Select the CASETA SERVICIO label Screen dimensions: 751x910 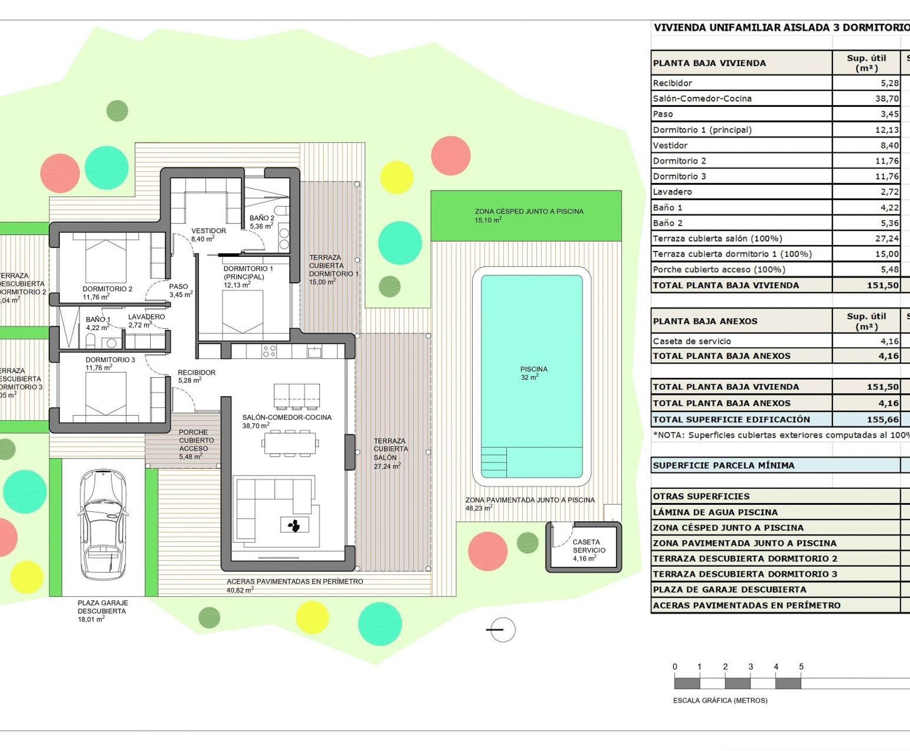(588, 550)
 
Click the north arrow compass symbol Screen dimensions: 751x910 (502, 629)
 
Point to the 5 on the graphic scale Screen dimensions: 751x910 (801, 667)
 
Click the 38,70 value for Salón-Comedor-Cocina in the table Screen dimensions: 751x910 (887, 99)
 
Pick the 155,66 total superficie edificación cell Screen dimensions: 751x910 (882, 419)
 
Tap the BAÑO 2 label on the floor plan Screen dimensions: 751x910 (261, 222)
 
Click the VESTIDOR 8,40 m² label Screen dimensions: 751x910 (209, 234)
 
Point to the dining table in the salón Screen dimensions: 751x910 (290, 443)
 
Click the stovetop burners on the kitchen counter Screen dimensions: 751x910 (269, 351)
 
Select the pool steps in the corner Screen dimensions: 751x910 (493, 462)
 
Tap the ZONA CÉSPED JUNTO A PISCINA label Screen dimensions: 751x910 (529, 215)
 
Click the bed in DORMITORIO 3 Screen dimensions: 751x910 (106, 396)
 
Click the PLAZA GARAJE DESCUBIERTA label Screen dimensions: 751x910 (102, 610)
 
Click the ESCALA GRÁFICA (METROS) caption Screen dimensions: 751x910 (720, 700)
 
